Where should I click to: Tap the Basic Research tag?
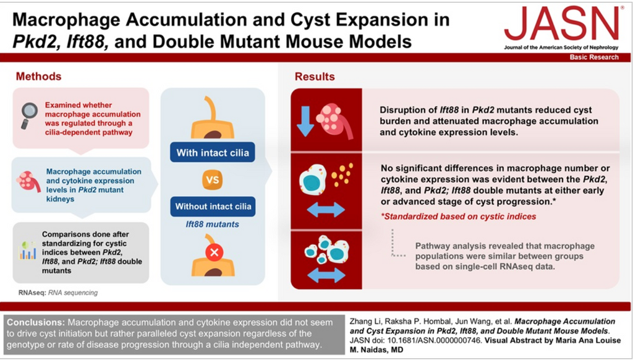coord(594,58)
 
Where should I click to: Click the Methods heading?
coord(39,77)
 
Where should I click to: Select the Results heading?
coord(315,77)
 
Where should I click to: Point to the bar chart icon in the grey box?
coord(28,250)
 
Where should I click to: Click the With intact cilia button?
coord(212,153)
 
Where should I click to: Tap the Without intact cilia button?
coord(213,207)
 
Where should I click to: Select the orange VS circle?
coord(213,180)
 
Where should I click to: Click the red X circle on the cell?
coord(214,252)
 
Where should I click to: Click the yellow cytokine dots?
coord(341,176)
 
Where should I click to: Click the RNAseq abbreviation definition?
coord(57,293)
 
